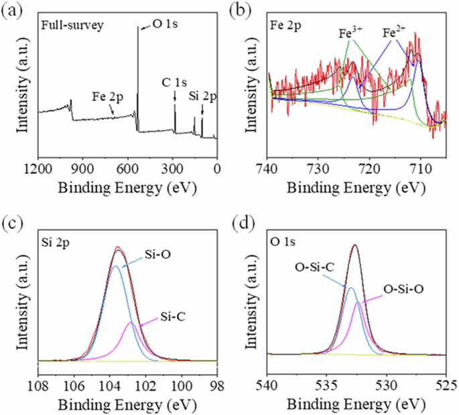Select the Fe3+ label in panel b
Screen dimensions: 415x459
click(x=350, y=31)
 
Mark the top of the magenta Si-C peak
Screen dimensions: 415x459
click(x=131, y=323)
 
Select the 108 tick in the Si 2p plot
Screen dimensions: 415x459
click(x=38, y=386)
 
